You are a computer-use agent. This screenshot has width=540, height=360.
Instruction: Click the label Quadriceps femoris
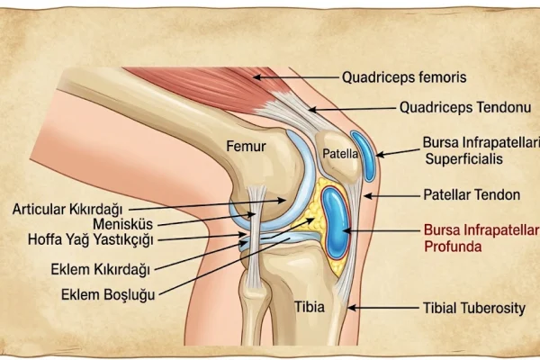pyautogui.click(x=404, y=77)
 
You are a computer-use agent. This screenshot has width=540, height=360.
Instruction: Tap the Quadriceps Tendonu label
pyautogui.click(x=465, y=108)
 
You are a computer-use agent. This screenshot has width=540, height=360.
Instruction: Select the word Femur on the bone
pyautogui.click(x=246, y=147)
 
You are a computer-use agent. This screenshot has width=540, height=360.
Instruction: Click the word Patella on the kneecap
pyautogui.click(x=340, y=154)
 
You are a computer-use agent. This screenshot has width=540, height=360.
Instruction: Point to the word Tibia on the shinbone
pyautogui.click(x=310, y=307)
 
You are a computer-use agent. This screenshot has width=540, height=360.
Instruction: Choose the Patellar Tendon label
pyautogui.click(x=472, y=195)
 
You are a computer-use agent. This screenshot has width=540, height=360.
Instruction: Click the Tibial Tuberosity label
pyautogui.click(x=474, y=309)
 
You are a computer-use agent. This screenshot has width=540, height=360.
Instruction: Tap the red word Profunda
pyautogui.click(x=453, y=247)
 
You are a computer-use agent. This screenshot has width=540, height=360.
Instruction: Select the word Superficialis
pyautogui.click(x=463, y=159)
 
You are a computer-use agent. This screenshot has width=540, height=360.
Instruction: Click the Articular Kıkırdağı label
pyautogui.click(x=67, y=209)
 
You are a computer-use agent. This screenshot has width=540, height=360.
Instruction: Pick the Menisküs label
pyautogui.click(x=123, y=224)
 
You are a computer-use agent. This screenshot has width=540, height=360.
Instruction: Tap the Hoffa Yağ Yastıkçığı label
pyautogui.click(x=91, y=239)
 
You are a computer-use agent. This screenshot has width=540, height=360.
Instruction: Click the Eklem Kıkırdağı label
pyautogui.click(x=101, y=269)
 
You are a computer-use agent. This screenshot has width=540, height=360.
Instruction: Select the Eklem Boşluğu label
pyautogui.click(x=108, y=295)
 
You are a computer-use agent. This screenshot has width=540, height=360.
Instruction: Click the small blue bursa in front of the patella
pyautogui.click(x=364, y=156)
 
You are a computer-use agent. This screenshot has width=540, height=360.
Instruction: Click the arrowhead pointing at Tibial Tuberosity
pyautogui.click(x=351, y=308)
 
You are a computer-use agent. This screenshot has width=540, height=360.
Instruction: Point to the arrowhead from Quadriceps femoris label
pyautogui.click(x=256, y=77)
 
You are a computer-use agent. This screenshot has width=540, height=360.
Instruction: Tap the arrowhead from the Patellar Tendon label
pyautogui.click(x=368, y=196)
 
